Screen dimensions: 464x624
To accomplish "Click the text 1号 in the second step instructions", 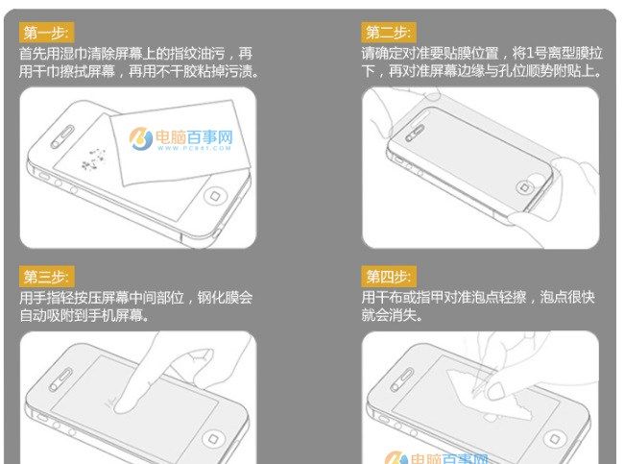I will click(x=522, y=54).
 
